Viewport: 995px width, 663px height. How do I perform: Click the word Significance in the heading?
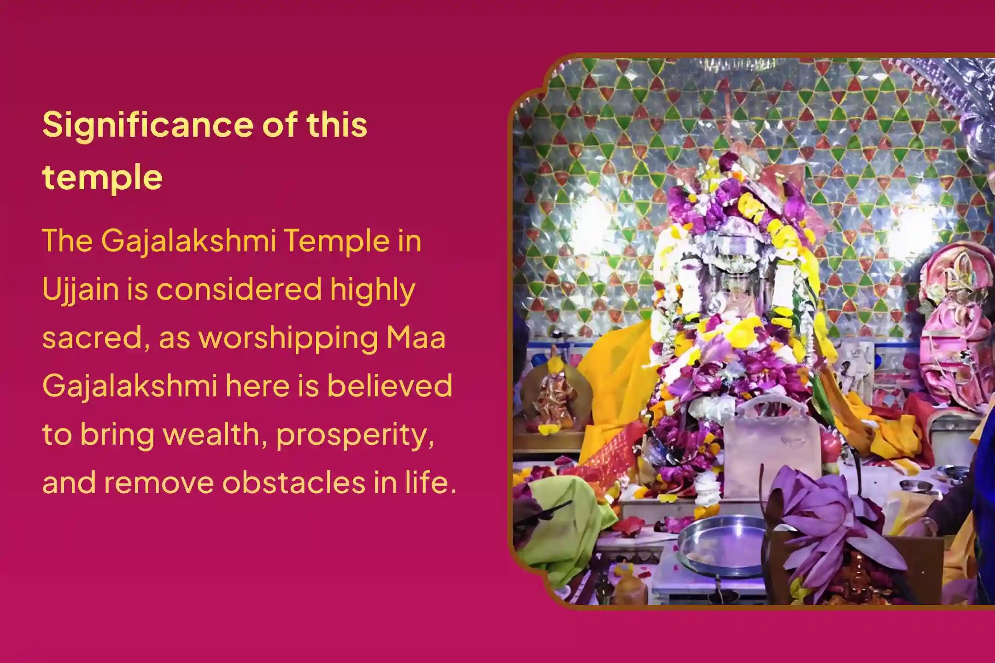pos(147,125)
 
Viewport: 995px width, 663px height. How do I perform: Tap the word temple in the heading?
pos(102,177)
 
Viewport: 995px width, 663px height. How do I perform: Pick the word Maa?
pos(416,338)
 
